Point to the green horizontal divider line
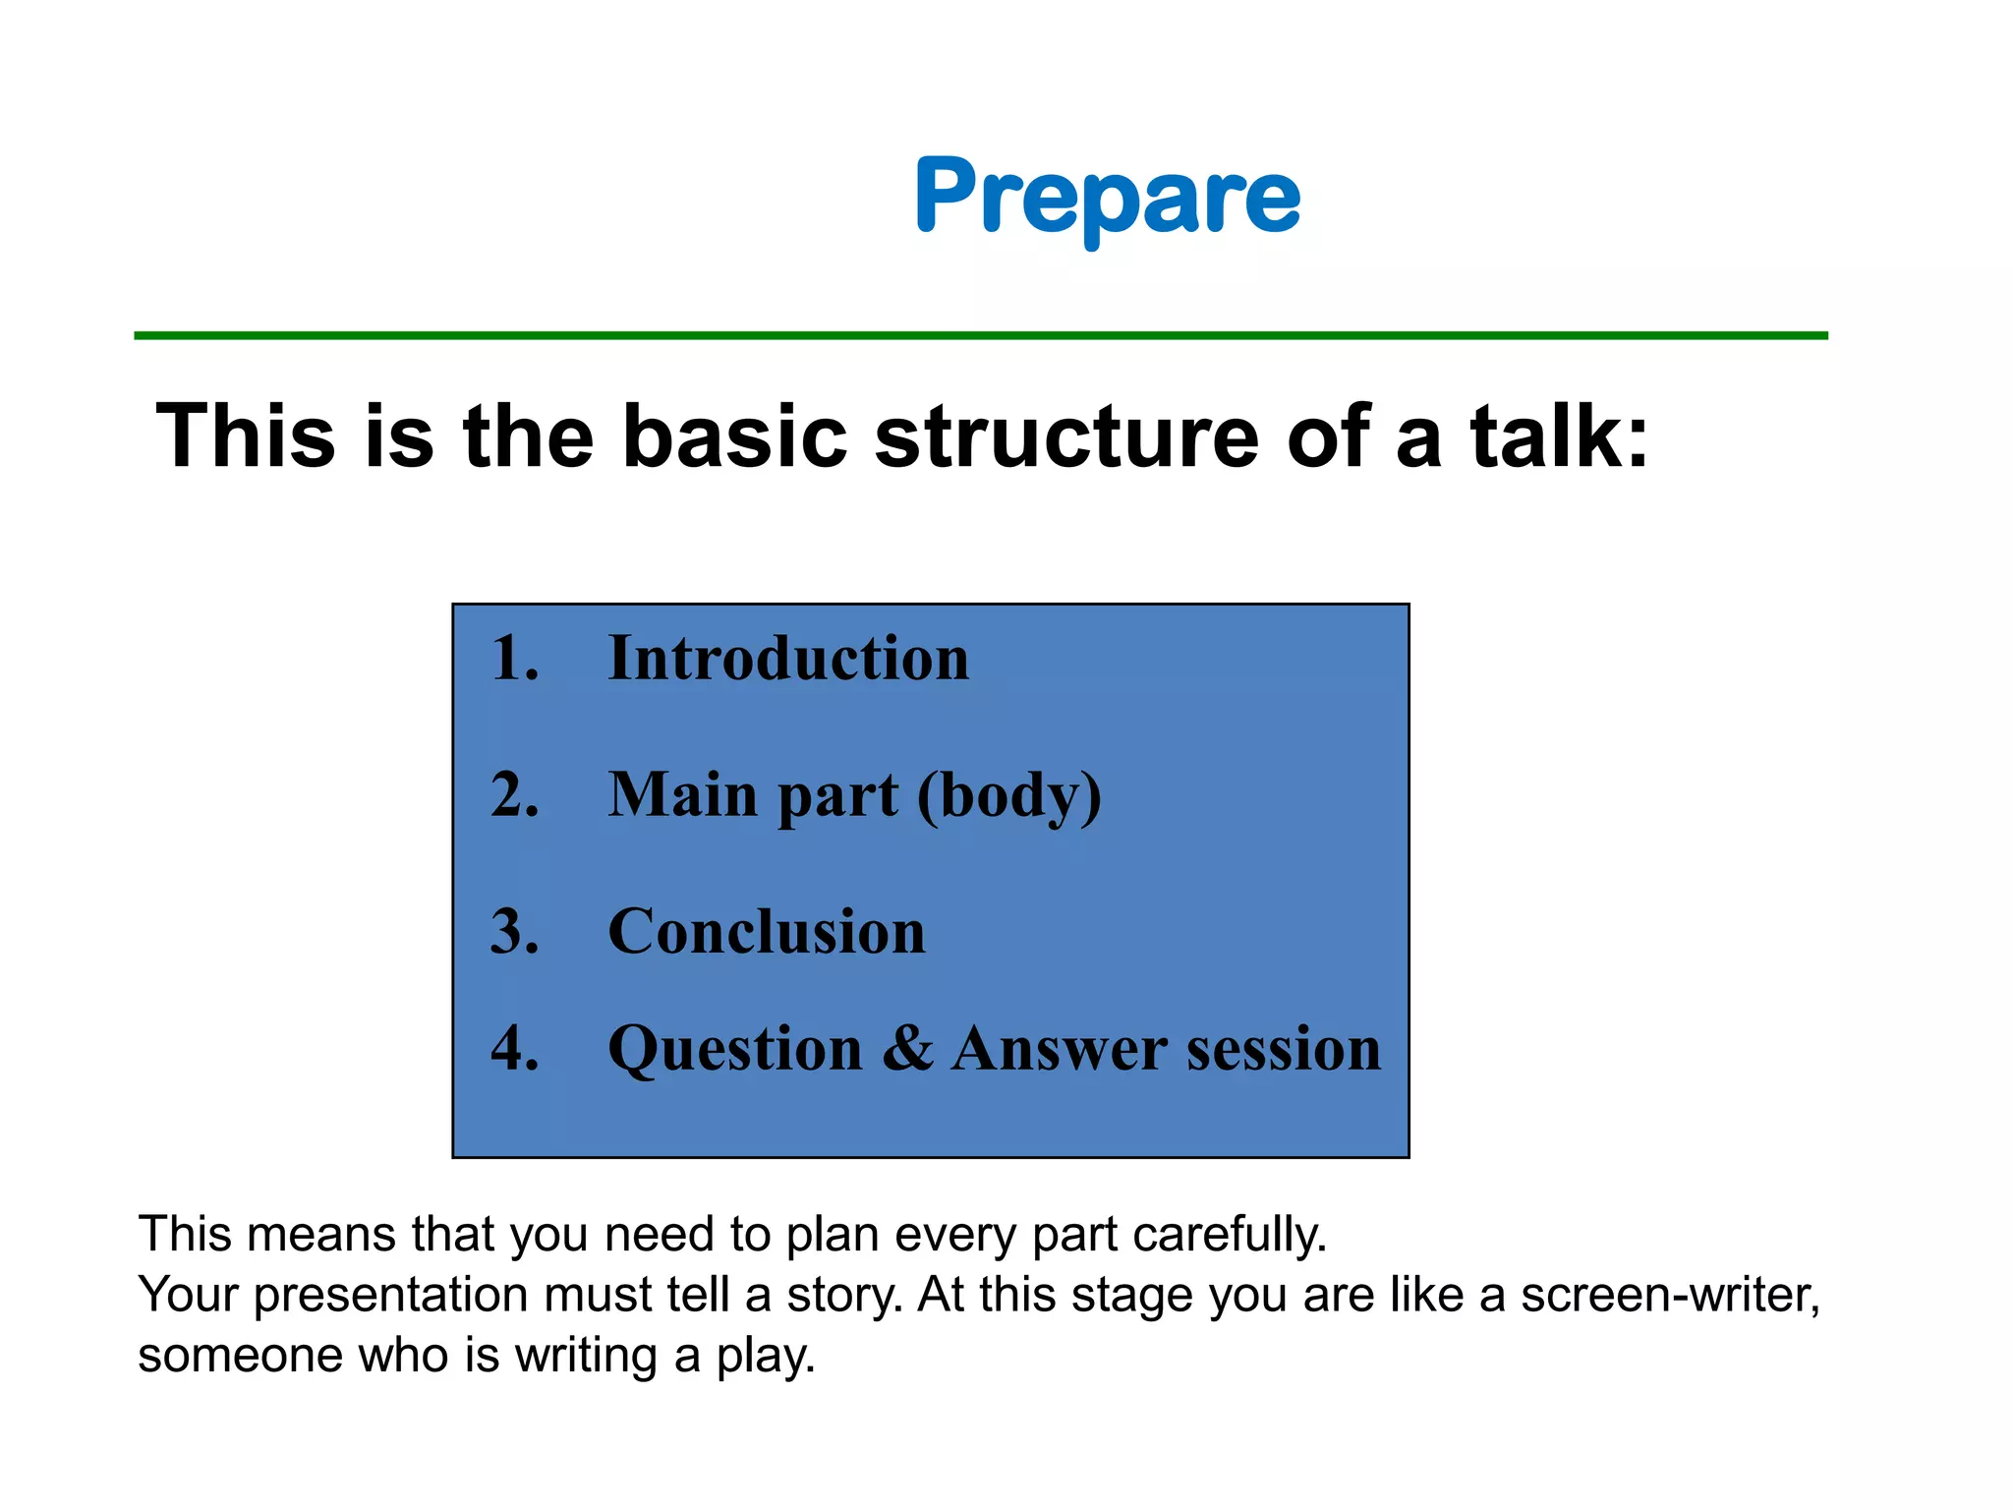[x=980, y=336]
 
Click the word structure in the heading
[x=1065, y=436]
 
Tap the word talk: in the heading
[x=1559, y=436]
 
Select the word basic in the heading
[x=734, y=436]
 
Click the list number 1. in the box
[x=515, y=658]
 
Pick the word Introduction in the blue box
[x=788, y=658]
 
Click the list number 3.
[x=515, y=931]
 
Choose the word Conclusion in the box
[x=767, y=931]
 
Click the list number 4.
[x=515, y=1048]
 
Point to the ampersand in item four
[x=906, y=1048]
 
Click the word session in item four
[x=1284, y=1048]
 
